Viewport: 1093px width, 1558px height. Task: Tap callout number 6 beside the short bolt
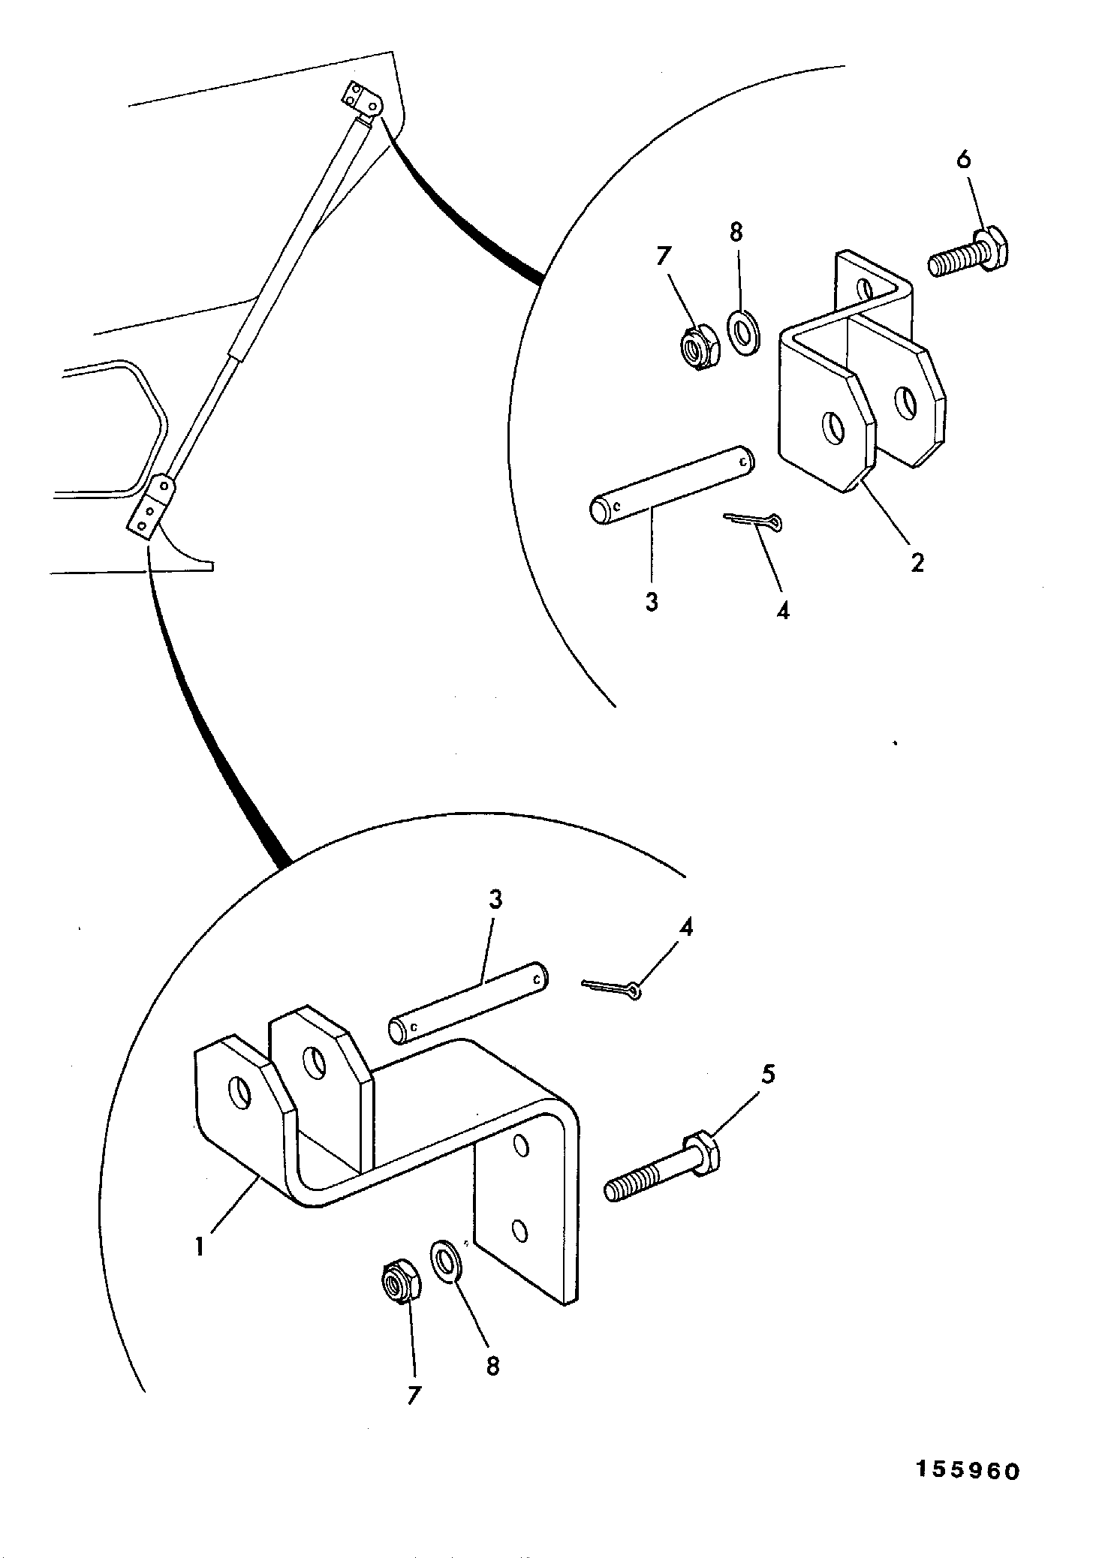pyautogui.click(x=964, y=160)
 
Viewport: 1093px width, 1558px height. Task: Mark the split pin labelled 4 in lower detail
pyautogui.click(x=612, y=990)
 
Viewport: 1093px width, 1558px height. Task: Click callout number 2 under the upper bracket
pyautogui.click(x=917, y=563)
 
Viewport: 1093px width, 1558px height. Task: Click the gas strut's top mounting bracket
pyautogui.click(x=363, y=101)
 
